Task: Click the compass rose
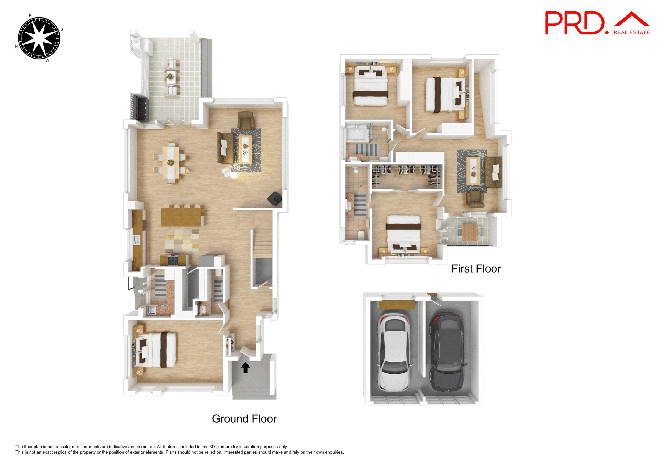[39, 38]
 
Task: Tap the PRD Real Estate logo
[597, 23]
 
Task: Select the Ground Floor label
[244, 419]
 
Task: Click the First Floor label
[476, 269]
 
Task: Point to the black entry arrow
[245, 368]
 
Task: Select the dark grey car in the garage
[447, 352]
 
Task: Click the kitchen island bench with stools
[181, 217]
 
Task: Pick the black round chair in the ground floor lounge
[275, 199]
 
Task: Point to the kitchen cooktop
[173, 260]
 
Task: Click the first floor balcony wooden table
[469, 232]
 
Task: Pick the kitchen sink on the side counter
[137, 240]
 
